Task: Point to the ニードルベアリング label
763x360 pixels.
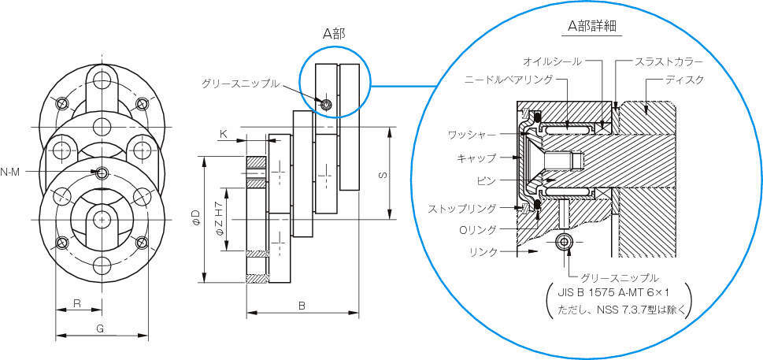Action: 508,80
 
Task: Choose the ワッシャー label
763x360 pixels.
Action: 469,135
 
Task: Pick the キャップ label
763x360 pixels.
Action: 477,158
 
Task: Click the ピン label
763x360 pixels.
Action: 486,180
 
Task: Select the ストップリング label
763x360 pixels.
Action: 462,209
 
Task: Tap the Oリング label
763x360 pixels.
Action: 479,229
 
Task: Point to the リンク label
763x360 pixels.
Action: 483,251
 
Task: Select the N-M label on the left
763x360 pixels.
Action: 10,172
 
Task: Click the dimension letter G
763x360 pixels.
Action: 100,328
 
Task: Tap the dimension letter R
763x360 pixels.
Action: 76,303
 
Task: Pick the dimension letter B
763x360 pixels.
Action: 302,305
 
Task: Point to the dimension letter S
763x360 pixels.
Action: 381,175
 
